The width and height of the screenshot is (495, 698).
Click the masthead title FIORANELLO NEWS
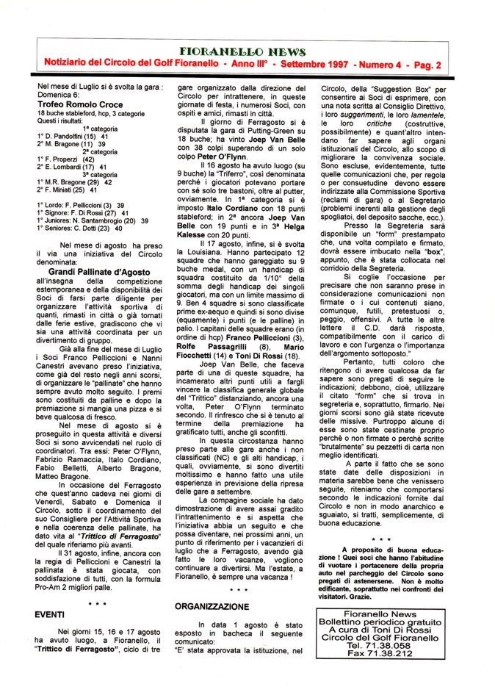tap(247, 52)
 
